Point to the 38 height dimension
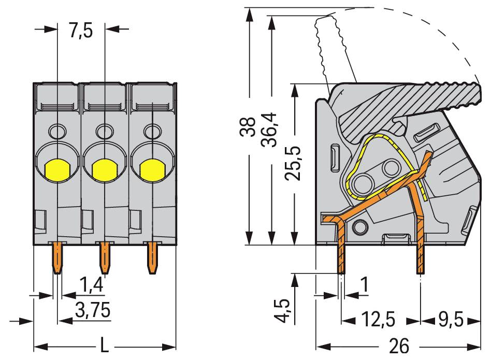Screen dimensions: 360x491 pos(249,126)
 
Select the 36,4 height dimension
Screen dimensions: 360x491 pos(270,129)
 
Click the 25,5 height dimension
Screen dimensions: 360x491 pos(294,162)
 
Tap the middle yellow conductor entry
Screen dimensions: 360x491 pos(104,169)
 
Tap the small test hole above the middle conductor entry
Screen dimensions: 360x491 pos(105,131)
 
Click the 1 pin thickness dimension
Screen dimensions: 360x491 pos(365,284)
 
